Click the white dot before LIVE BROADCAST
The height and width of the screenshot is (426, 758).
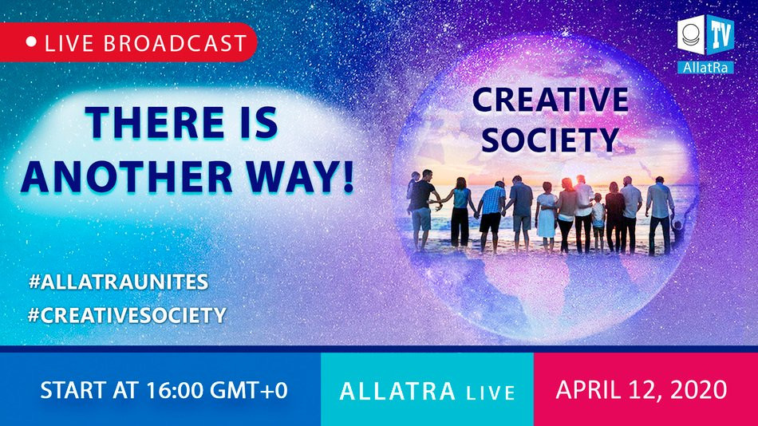pos(32,42)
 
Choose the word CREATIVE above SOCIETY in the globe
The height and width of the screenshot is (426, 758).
pos(550,101)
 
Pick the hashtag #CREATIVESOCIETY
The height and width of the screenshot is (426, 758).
pos(126,314)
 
